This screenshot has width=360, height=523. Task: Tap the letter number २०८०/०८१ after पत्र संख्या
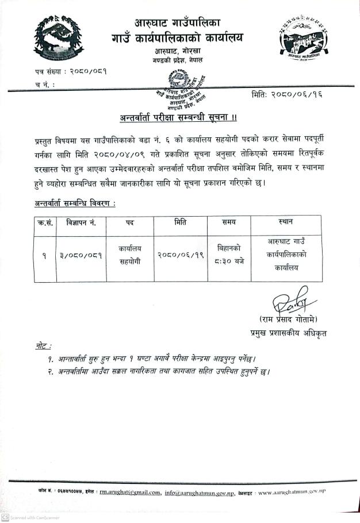pos(87,72)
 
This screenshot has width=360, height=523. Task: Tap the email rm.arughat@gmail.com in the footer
pos(129,492)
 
